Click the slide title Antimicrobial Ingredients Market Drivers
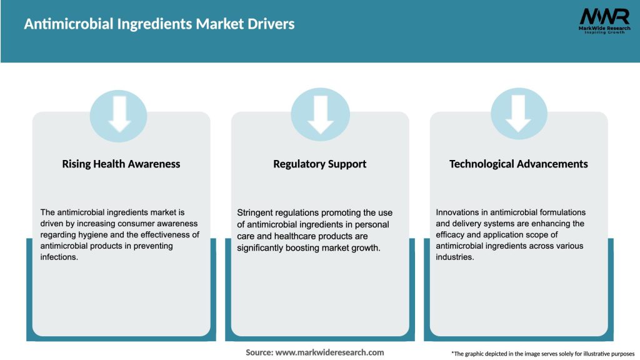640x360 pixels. (159, 24)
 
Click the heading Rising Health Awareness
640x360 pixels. (121, 164)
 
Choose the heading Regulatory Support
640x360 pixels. (319, 164)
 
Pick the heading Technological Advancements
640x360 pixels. (518, 164)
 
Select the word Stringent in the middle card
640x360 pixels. (256, 212)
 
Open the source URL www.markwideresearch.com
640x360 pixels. (329, 352)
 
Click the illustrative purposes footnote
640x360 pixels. (542, 354)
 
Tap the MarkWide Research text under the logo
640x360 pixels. (603, 28)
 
